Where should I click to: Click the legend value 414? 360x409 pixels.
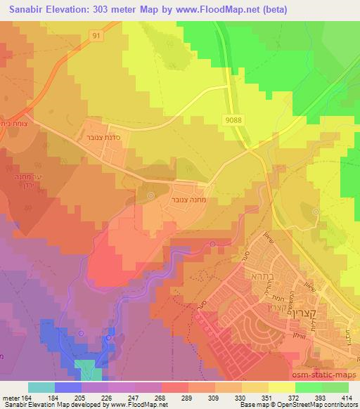pos(348,397)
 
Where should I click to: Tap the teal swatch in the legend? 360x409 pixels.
pos(41,387)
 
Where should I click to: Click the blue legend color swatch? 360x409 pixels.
pos(67,387)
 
